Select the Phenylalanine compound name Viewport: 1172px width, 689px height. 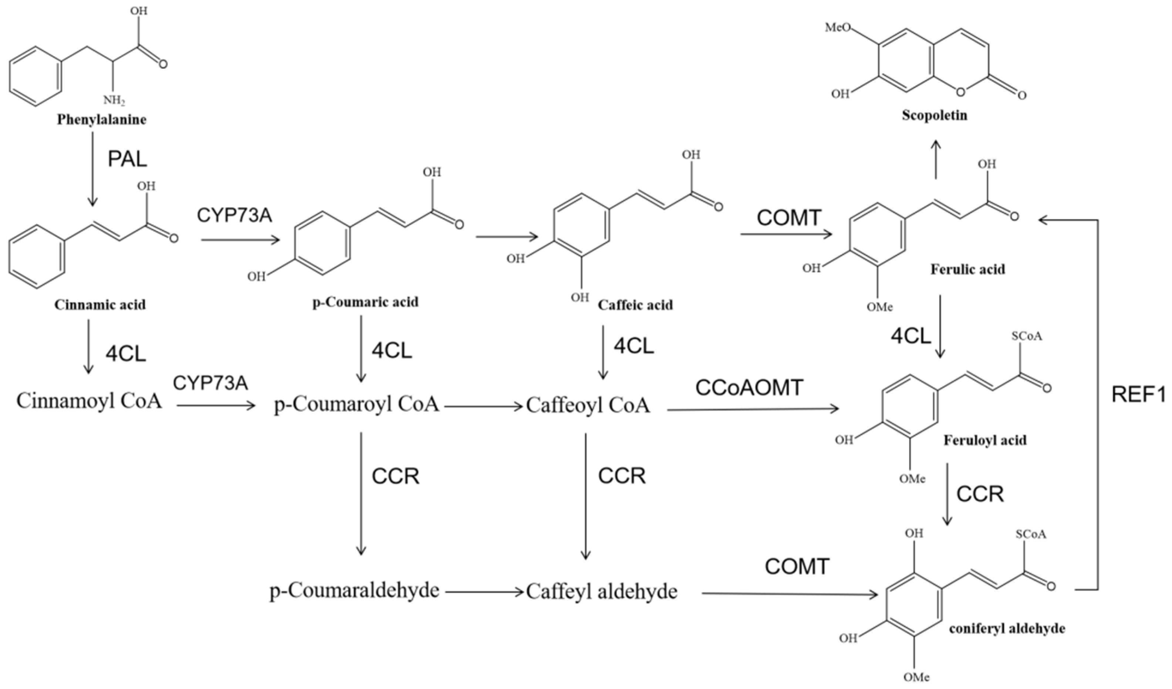click(x=101, y=120)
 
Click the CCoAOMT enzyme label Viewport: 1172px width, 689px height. click(x=749, y=387)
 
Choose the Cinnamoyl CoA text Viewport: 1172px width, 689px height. click(x=89, y=400)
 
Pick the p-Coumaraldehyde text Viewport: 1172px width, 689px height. click(x=354, y=590)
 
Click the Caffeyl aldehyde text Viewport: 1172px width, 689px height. click(x=601, y=591)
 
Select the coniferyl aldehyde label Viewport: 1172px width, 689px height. click(x=1007, y=629)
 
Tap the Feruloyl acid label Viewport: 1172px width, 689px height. click(x=984, y=440)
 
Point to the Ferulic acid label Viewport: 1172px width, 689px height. click(x=967, y=269)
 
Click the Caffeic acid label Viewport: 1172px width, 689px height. click(x=635, y=305)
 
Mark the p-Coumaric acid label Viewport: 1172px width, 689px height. click(x=365, y=302)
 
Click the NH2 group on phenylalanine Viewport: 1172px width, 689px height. click(x=114, y=100)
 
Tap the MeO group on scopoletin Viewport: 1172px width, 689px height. click(x=838, y=27)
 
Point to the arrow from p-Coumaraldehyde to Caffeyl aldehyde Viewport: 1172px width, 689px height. click(x=484, y=592)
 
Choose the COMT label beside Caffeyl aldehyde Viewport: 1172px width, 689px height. click(x=797, y=566)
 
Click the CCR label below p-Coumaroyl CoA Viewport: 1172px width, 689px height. click(x=395, y=475)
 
